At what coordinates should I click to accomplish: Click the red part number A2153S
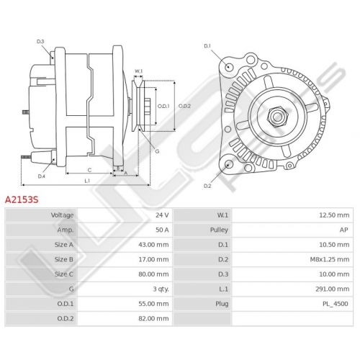22,199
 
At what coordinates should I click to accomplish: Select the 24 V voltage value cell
162,215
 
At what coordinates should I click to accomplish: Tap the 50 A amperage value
162,230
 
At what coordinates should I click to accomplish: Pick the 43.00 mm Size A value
153,245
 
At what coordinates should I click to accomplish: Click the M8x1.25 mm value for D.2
330,259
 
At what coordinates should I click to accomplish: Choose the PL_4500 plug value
335,304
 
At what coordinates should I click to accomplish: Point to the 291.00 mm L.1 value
333,289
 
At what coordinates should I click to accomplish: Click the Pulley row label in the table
219,230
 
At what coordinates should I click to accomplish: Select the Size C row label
64,274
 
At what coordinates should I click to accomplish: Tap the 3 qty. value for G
161,289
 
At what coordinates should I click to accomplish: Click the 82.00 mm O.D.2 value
153,318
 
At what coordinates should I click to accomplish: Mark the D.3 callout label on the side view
40,42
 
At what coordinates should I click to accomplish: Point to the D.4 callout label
42,176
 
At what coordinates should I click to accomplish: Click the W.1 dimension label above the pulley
138,71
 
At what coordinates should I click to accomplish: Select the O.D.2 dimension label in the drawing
184,106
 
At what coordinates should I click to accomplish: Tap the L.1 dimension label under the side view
87,181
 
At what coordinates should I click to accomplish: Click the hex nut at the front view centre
277,117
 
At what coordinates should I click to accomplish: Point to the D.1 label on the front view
207,46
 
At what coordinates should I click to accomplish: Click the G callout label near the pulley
157,151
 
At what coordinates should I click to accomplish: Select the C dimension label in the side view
89,170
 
